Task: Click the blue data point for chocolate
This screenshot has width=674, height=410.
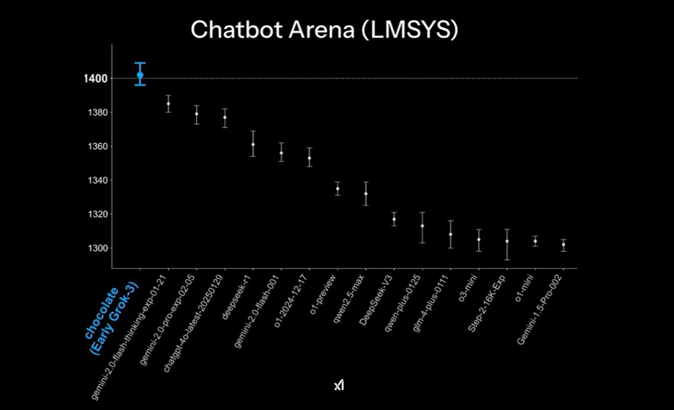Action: click(x=140, y=75)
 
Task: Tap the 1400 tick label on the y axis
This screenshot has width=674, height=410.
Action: click(x=93, y=78)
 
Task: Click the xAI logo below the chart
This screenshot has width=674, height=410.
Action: click(x=339, y=386)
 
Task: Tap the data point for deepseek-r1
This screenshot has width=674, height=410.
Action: click(x=253, y=144)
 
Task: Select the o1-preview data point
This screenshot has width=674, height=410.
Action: click(x=338, y=188)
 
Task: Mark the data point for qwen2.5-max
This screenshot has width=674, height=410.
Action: click(x=366, y=194)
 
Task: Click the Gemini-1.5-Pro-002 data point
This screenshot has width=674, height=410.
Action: click(x=563, y=244)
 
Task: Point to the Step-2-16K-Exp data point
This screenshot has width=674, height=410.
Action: click(x=507, y=241)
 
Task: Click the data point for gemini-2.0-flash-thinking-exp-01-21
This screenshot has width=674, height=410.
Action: click(x=168, y=103)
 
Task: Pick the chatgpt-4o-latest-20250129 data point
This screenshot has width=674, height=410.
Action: click(x=225, y=117)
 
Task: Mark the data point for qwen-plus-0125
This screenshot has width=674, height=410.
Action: click(x=422, y=226)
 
